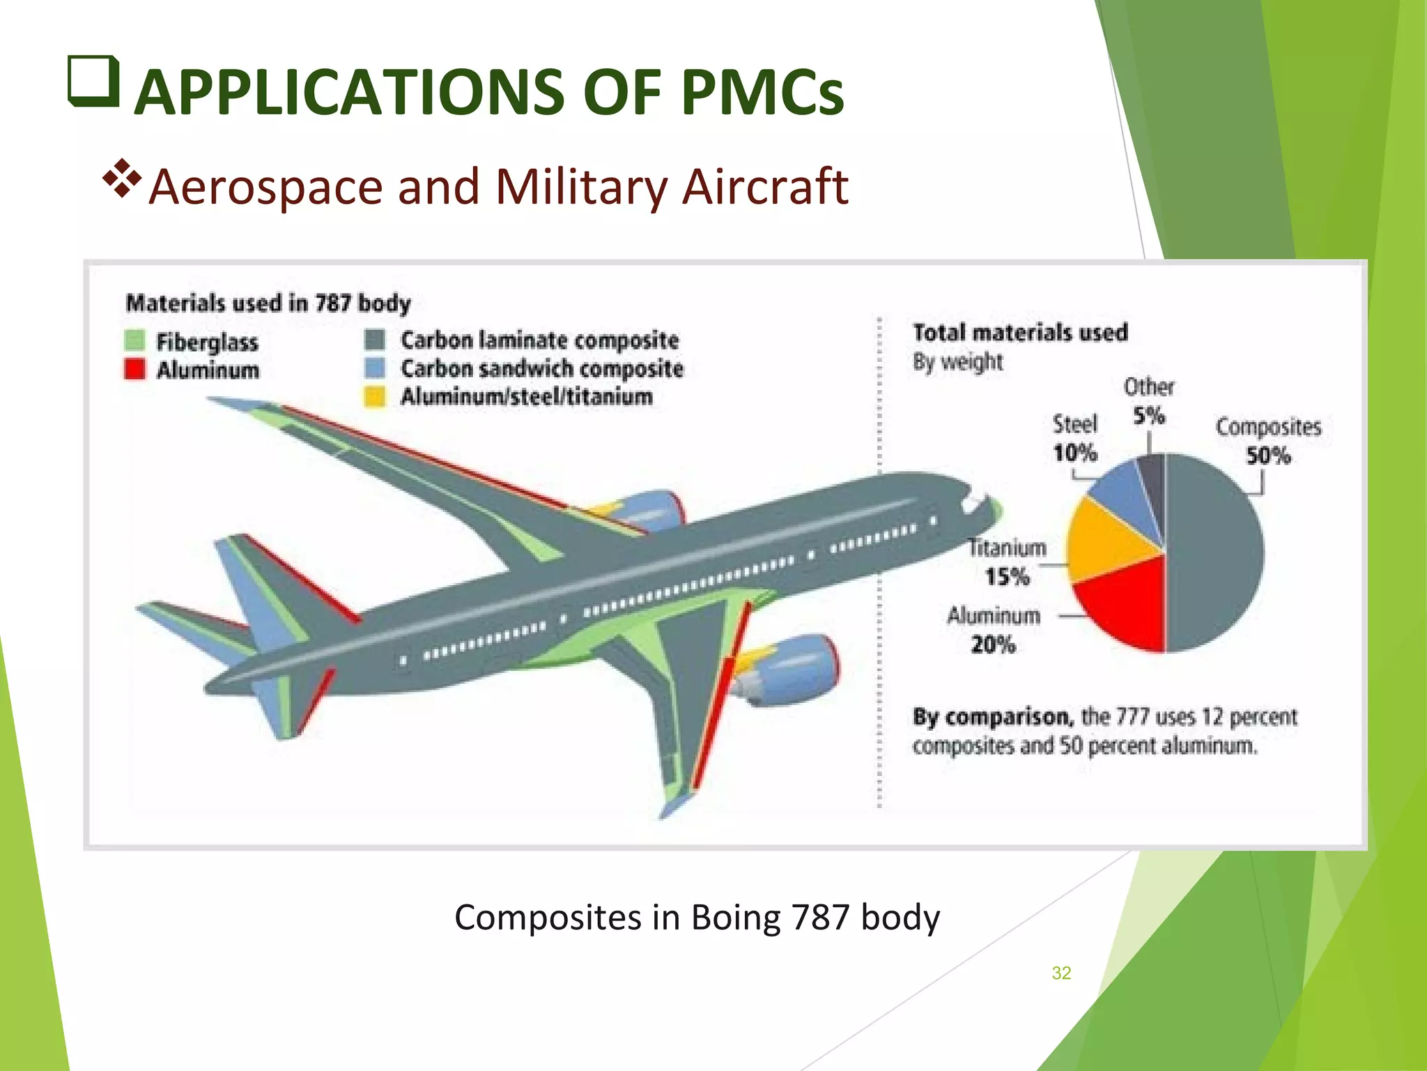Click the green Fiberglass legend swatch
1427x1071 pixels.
point(134,341)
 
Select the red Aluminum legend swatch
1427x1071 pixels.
point(134,369)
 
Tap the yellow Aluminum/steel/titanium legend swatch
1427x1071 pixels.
point(375,397)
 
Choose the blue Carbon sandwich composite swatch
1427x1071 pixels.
point(375,368)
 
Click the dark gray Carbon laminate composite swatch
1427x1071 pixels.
point(375,340)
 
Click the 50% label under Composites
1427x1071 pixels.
point(1268,456)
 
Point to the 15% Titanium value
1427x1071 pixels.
point(1006,577)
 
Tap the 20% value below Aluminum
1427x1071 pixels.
point(993,644)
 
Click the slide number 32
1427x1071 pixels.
point(1061,973)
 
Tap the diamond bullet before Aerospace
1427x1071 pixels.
point(122,180)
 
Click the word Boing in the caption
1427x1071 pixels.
point(735,917)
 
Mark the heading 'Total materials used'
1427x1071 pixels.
point(1020,333)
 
